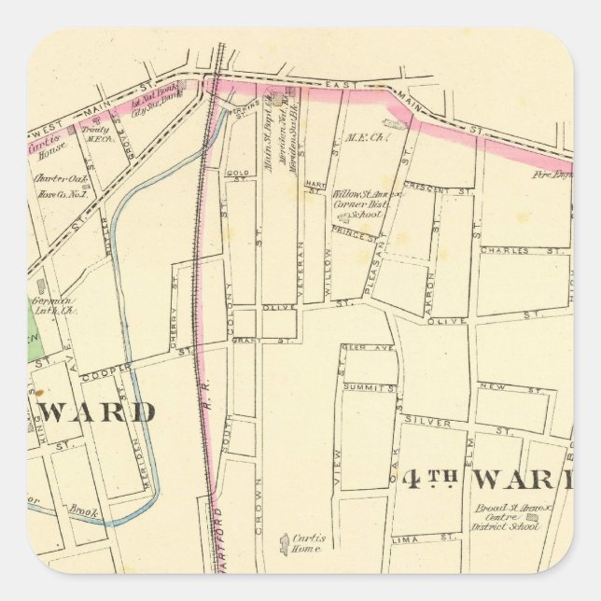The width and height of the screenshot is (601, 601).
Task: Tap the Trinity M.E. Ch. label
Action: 99,134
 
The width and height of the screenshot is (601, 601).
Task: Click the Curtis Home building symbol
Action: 285,539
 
